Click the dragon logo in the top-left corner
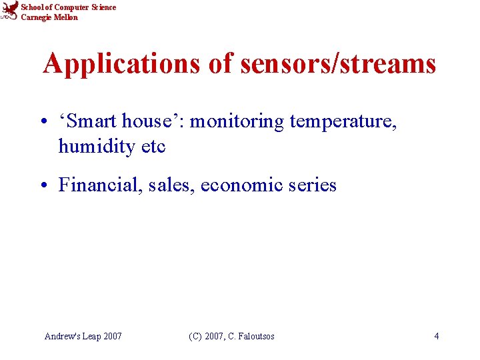9,11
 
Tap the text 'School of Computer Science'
68,7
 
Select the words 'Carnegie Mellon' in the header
49,17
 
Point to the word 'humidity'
97,146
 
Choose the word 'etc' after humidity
153,147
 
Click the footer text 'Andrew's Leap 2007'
83,336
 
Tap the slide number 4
436,336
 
